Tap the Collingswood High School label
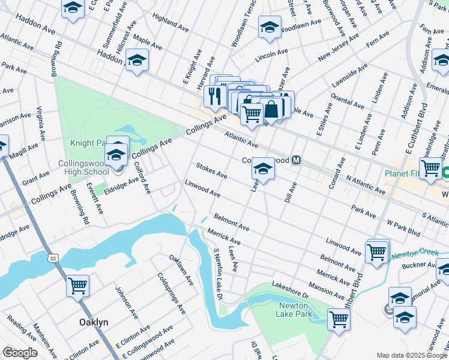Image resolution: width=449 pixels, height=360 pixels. pos(83,167)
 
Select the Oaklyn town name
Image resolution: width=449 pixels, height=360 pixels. pos(94,322)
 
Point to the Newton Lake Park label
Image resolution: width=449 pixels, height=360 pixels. pos(294,309)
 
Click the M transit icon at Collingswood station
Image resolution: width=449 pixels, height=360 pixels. pos(296,160)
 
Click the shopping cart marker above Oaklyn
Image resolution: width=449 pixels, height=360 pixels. pos(78,286)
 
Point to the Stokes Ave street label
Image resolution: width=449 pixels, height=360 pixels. pos(212,170)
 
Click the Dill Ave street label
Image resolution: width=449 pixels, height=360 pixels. pos(291,191)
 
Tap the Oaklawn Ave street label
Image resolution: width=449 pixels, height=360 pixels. pos(181,270)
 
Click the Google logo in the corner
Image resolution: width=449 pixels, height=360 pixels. pos(20,353)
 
